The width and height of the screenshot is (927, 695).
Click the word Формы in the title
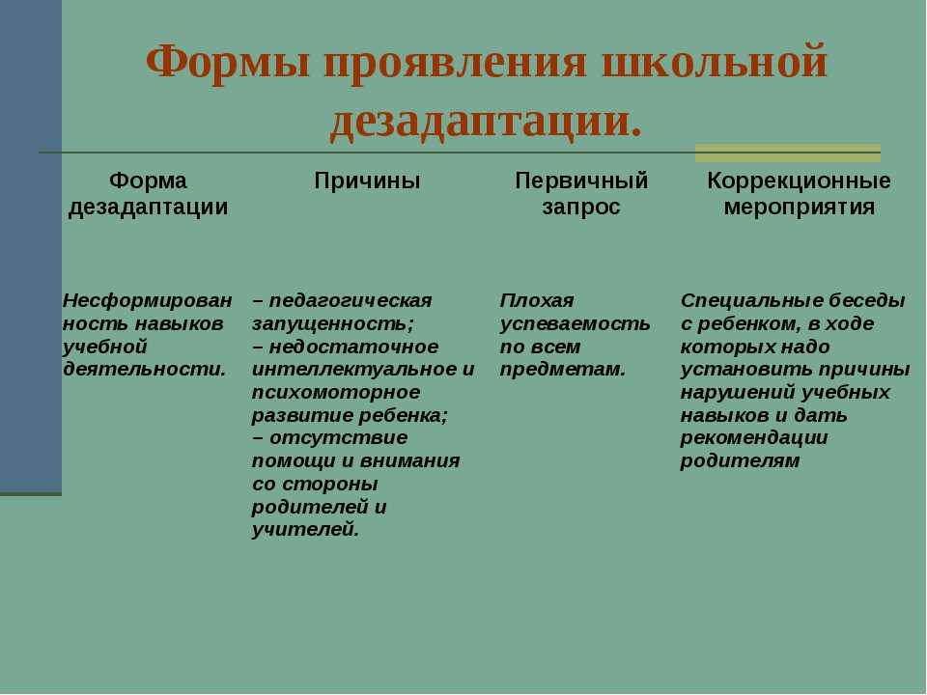point(228,62)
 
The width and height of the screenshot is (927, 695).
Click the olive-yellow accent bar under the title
point(788,153)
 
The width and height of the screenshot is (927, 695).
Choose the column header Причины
point(367,181)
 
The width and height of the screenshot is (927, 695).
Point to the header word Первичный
point(581,181)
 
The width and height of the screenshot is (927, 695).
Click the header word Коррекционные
point(799,181)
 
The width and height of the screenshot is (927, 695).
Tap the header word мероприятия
point(799,207)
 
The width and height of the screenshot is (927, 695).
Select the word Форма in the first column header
point(148,181)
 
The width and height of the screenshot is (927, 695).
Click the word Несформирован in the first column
point(147,300)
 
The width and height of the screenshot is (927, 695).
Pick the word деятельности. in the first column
point(144,370)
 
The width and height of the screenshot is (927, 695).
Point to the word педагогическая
point(350,300)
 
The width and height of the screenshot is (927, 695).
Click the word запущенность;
point(333,323)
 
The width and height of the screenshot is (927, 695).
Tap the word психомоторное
point(336,392)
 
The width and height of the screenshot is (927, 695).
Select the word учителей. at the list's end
point(305,529)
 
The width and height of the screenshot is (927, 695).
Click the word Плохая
point(536,300)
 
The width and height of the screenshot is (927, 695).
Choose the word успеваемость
point(575,323)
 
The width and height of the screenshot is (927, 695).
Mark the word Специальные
point(751,300)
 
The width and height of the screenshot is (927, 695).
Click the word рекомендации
point(754,438)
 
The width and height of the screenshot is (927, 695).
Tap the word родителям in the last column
point(740,460)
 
